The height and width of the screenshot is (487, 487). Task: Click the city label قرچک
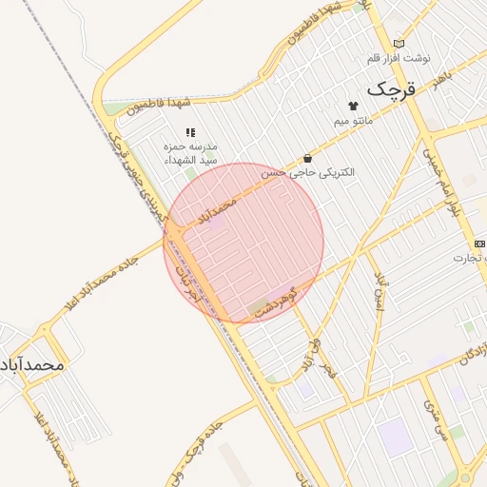pyautogui.click(x=391, y=89)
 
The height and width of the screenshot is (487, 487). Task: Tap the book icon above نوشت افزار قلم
pyautogui.click(x=399, y=43)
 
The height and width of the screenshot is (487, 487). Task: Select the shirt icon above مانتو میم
pyautogui.click(x=354, y=106)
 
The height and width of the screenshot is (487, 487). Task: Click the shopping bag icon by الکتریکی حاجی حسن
pyautogui.click(x=306, y=158)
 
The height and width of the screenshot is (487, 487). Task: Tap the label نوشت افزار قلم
pyautogui.click(x=399, y=58)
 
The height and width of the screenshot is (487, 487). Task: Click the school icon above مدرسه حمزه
pyautogui.click(x=190, y=132)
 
